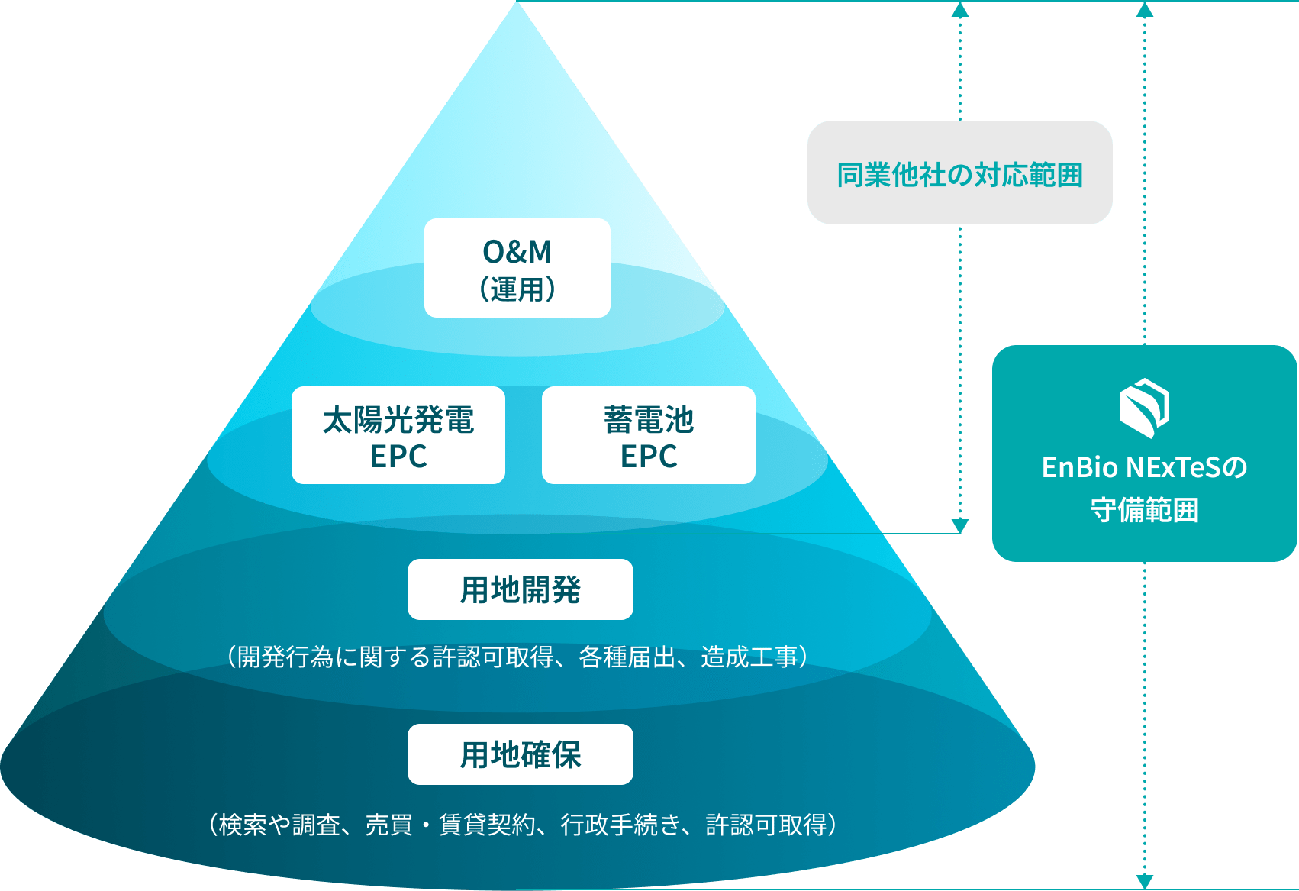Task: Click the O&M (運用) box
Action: click(517, 268)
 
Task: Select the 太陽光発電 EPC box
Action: click(398, 435)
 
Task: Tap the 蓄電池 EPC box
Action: click(648, 435)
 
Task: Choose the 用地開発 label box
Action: click(520, 589)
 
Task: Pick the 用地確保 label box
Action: click(520, 754)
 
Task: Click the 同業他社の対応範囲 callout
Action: click(959, 173)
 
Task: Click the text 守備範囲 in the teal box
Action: click(1144, 509)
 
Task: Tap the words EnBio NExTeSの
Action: click(1144, 467)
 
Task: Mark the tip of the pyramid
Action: click(517, 4)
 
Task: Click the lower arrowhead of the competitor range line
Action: click(960, 525)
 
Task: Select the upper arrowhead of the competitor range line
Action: click(960, 9)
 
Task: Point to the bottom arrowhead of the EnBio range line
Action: click(1144, 881)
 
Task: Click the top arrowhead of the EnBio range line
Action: click(1144, 9)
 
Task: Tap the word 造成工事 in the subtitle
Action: click(749, 657)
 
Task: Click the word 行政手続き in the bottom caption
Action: click(620, 825)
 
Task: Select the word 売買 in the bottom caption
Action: click(388, 825)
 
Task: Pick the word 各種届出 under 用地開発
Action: click(627, 657)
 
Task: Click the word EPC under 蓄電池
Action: click(648, 457)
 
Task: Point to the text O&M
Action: click(517, 251)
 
